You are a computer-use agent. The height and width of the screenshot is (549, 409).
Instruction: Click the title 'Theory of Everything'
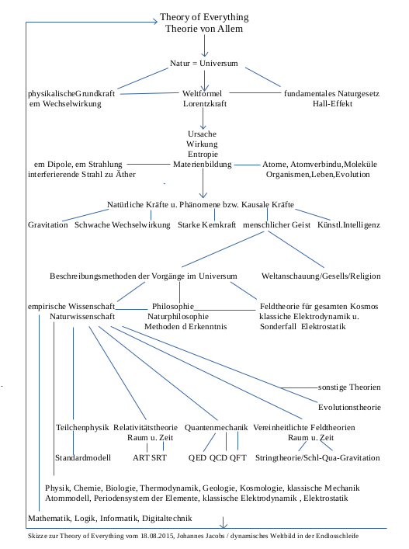pyautogui.click(x=203, y=17)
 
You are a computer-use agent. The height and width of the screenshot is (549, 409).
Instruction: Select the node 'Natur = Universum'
pyautogui.click(x=203, y=62)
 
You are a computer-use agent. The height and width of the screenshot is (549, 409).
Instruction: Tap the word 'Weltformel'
pyautogui.click(x=203, y=93)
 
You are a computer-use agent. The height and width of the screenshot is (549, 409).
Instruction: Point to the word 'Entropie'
pyautogui.click(x=203, y=154)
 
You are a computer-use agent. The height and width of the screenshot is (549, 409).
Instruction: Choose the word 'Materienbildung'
pyautogui.click(x=203, y=164)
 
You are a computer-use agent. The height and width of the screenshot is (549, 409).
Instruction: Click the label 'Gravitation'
pyautogui.click(x=48, y=224)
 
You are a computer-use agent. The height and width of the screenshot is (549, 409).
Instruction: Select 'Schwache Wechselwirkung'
pyautogui.click(x=122, y=224)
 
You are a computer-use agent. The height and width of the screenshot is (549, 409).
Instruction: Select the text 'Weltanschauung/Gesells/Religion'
pyautogui.click(x=321, y=276)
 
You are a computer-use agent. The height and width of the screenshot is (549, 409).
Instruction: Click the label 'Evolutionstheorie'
pyautogui.click(x=349, y=406)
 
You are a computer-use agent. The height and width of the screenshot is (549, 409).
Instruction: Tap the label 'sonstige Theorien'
pyautogui.click(x=349, y=387)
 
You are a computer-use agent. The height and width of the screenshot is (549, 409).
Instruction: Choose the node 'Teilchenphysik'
pyautogui.click(x=82, y=427)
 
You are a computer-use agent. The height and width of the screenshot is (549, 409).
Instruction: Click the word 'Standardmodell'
pyautogui.click(x=85, y=457)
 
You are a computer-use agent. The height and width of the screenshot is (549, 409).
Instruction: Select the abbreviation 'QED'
pyautogui.click(x=198, y=457)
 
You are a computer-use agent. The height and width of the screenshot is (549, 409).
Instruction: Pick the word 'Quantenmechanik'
pyautogui.click(x=217, y=427)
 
